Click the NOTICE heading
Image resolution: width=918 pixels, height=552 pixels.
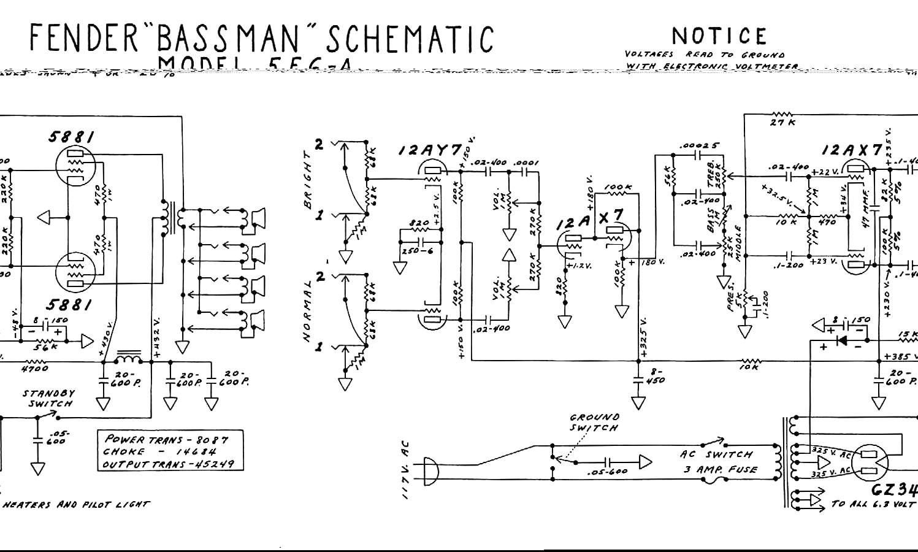coord(719,36)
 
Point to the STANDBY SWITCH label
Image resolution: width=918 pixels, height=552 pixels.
coord(49,398)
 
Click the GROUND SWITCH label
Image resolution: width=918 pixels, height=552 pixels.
coord(594,422)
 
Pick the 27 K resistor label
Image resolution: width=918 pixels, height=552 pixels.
coord(783,123)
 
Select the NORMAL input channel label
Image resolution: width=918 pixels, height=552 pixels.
coord(308,313)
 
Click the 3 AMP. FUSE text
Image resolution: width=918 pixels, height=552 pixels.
coord(721,470)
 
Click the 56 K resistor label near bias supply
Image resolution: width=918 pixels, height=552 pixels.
coord(45,347)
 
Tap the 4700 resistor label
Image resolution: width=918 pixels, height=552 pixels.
coord(34,369)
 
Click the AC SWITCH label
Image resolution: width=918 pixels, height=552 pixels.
coord(716,454)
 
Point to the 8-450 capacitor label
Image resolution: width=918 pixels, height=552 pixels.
coord(656,375)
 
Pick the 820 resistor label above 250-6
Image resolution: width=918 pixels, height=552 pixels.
coord(419,223)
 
